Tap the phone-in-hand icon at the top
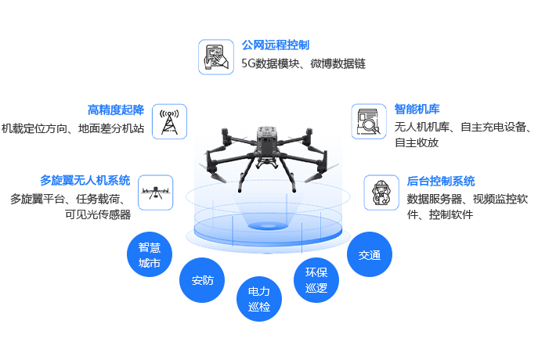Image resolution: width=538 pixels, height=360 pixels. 215,56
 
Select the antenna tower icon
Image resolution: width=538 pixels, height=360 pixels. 168,122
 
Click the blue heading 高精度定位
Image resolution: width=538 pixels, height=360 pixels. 116,110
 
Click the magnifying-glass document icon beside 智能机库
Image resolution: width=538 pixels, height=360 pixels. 369,122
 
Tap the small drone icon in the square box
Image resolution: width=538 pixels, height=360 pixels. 154,192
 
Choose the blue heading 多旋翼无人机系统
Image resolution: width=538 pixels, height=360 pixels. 85,180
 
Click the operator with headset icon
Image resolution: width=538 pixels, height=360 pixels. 381,192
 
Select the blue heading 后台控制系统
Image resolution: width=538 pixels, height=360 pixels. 441,180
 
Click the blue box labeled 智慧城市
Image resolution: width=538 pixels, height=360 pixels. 149,254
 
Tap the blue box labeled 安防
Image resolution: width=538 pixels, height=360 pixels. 202,280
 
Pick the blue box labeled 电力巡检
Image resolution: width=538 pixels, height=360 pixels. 258,298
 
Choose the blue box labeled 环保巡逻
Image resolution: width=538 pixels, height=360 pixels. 316,280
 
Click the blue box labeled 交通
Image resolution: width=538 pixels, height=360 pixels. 369,254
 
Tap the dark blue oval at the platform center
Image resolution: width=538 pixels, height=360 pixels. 266,226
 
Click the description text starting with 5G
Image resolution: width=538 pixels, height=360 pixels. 303,63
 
